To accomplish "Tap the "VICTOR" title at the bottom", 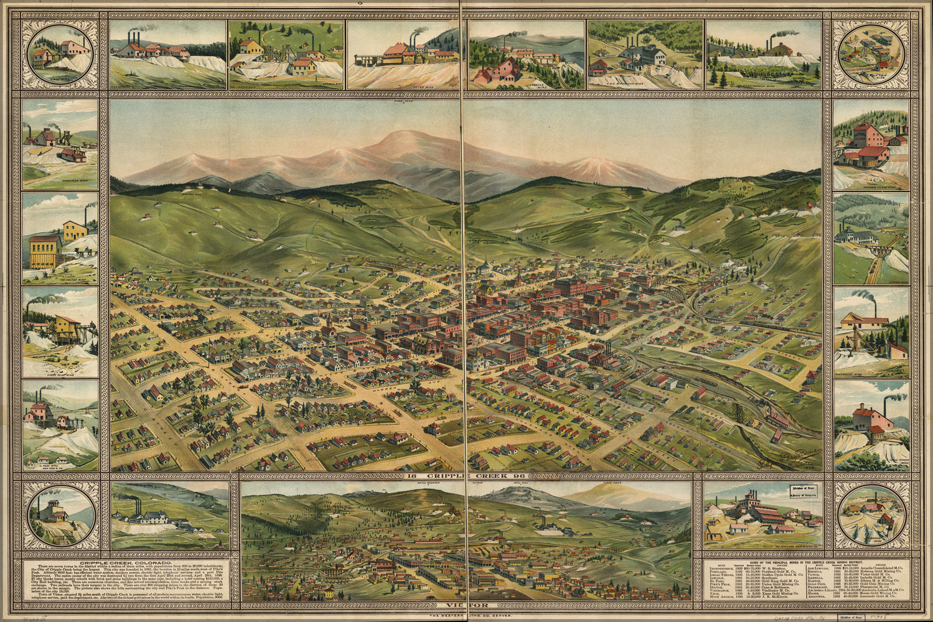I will [x=466, y=605].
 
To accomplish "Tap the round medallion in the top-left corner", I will [x=60, y=55].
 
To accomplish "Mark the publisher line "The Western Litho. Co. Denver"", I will [x=466, y=616].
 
